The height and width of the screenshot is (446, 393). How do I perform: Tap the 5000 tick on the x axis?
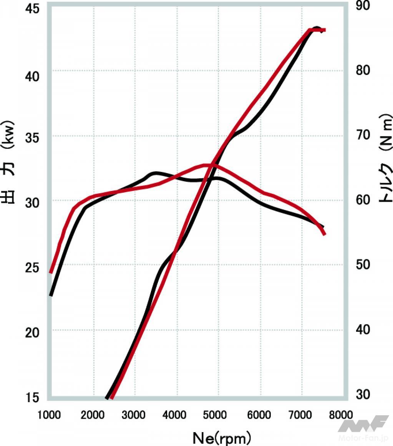coord(217,414)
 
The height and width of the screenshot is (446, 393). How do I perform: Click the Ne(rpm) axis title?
coord(222,437)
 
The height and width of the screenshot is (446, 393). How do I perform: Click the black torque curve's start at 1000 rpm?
coord(51,295)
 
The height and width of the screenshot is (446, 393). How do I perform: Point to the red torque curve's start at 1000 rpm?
coord(51,272)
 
